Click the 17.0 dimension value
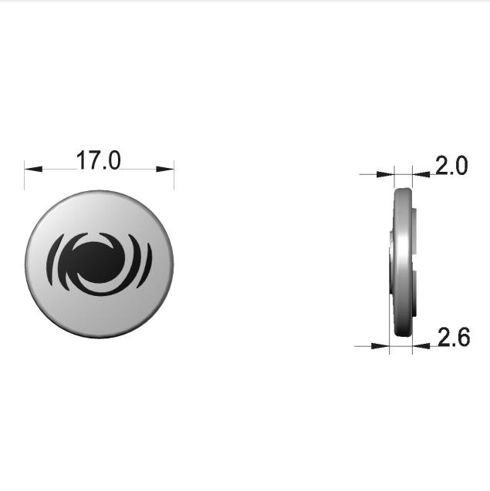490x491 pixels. click(x=98, y=160)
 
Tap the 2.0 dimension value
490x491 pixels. click(x=451, y=166)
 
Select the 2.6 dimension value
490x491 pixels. click(x=454, y=337)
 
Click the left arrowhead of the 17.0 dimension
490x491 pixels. click(x=33, y=169)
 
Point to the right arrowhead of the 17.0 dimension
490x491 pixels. click(x=165, y=169)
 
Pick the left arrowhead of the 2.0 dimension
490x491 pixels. click(x=385, y=174)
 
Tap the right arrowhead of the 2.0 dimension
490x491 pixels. click(x=421, y=174)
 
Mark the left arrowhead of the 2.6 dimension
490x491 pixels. click(x=380, y=346)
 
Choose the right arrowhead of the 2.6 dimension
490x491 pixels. click(x=421, y=346)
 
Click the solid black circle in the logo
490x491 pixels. click(x=99, y=262)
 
